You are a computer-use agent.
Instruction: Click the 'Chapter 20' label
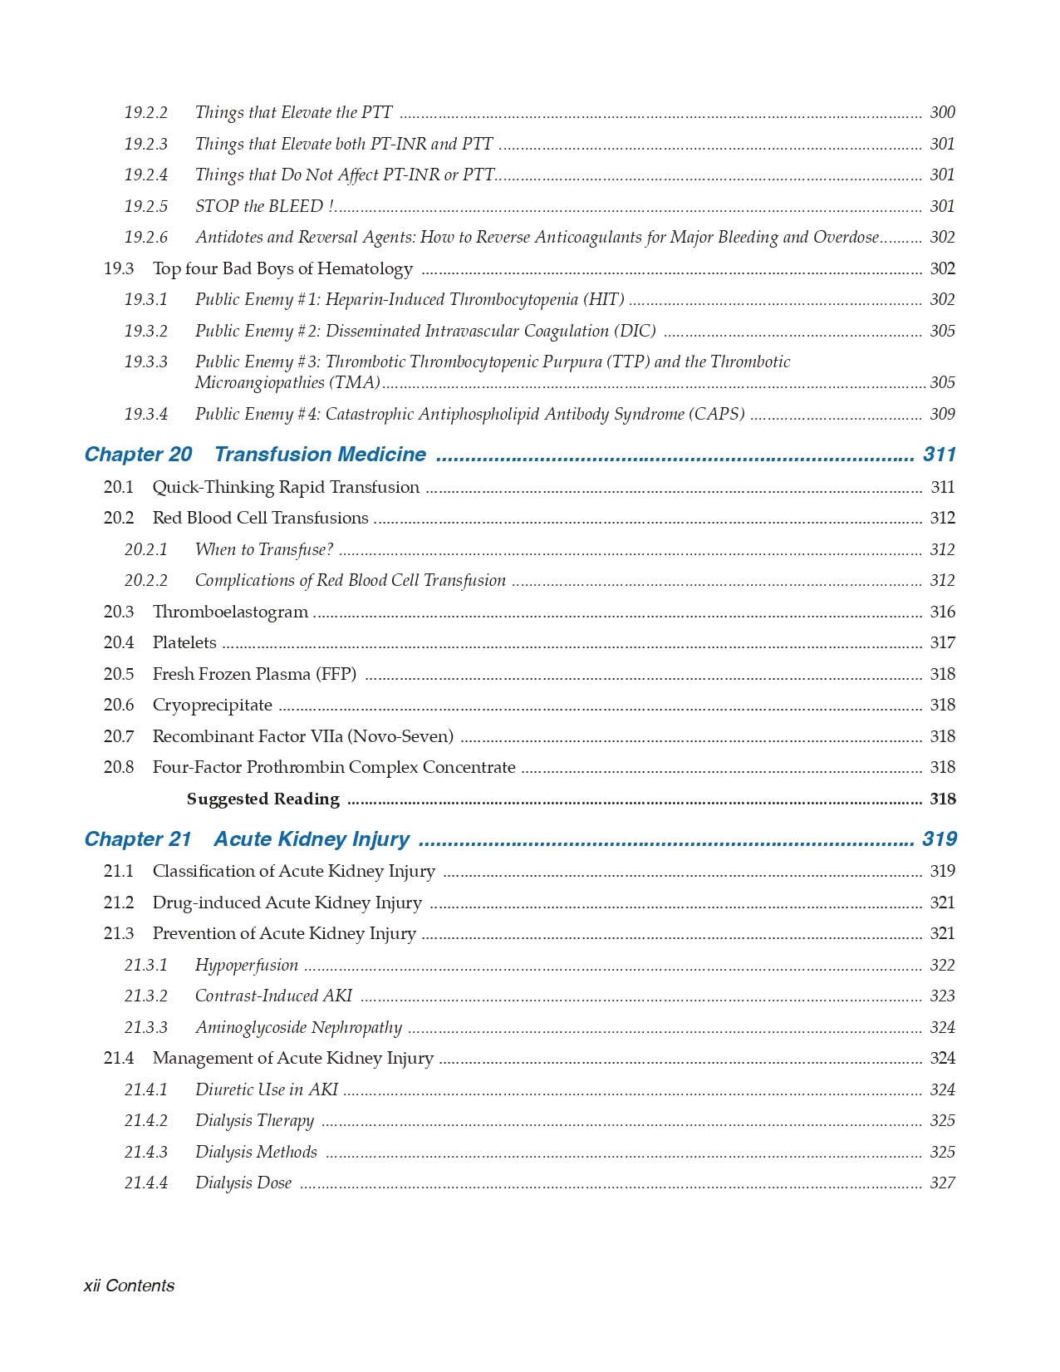138,455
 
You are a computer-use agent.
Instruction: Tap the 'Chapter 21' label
138,839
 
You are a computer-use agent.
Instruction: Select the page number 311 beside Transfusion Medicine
940,455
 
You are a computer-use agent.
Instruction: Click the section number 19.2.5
145,206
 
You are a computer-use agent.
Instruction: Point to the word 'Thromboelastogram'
230,612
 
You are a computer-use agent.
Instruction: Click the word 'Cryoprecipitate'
212,705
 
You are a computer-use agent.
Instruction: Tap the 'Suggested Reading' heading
263,799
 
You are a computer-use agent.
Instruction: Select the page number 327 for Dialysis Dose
942,1183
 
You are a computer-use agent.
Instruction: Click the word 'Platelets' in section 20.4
184,642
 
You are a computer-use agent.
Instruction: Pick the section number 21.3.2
145,996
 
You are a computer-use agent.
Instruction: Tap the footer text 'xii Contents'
129,1286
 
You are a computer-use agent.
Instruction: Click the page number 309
942,414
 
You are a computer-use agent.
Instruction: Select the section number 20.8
118,767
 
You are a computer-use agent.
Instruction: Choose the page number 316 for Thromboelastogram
942,612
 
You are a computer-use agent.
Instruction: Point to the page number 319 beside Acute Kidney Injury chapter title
940,839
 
